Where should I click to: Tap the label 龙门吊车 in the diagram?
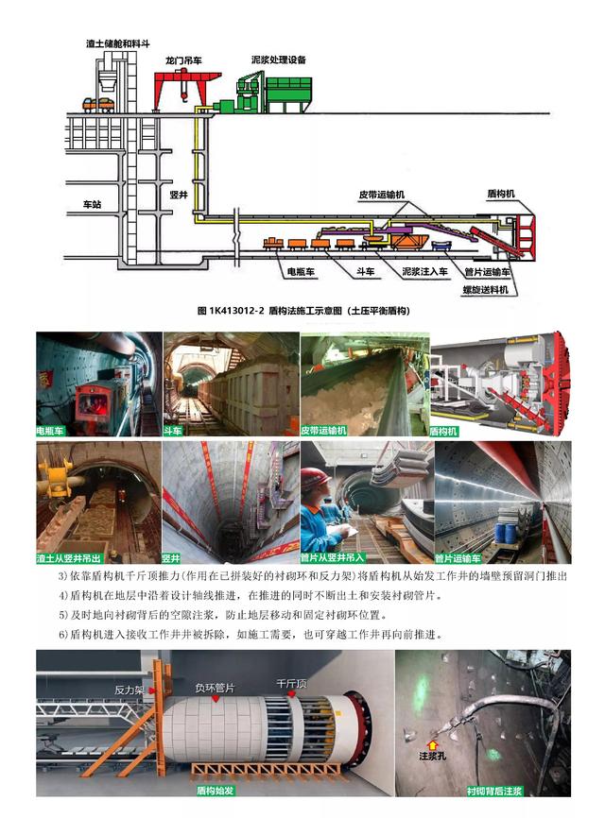(183, 60)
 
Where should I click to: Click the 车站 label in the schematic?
(92, 203)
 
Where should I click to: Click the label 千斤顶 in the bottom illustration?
(287, 683)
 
